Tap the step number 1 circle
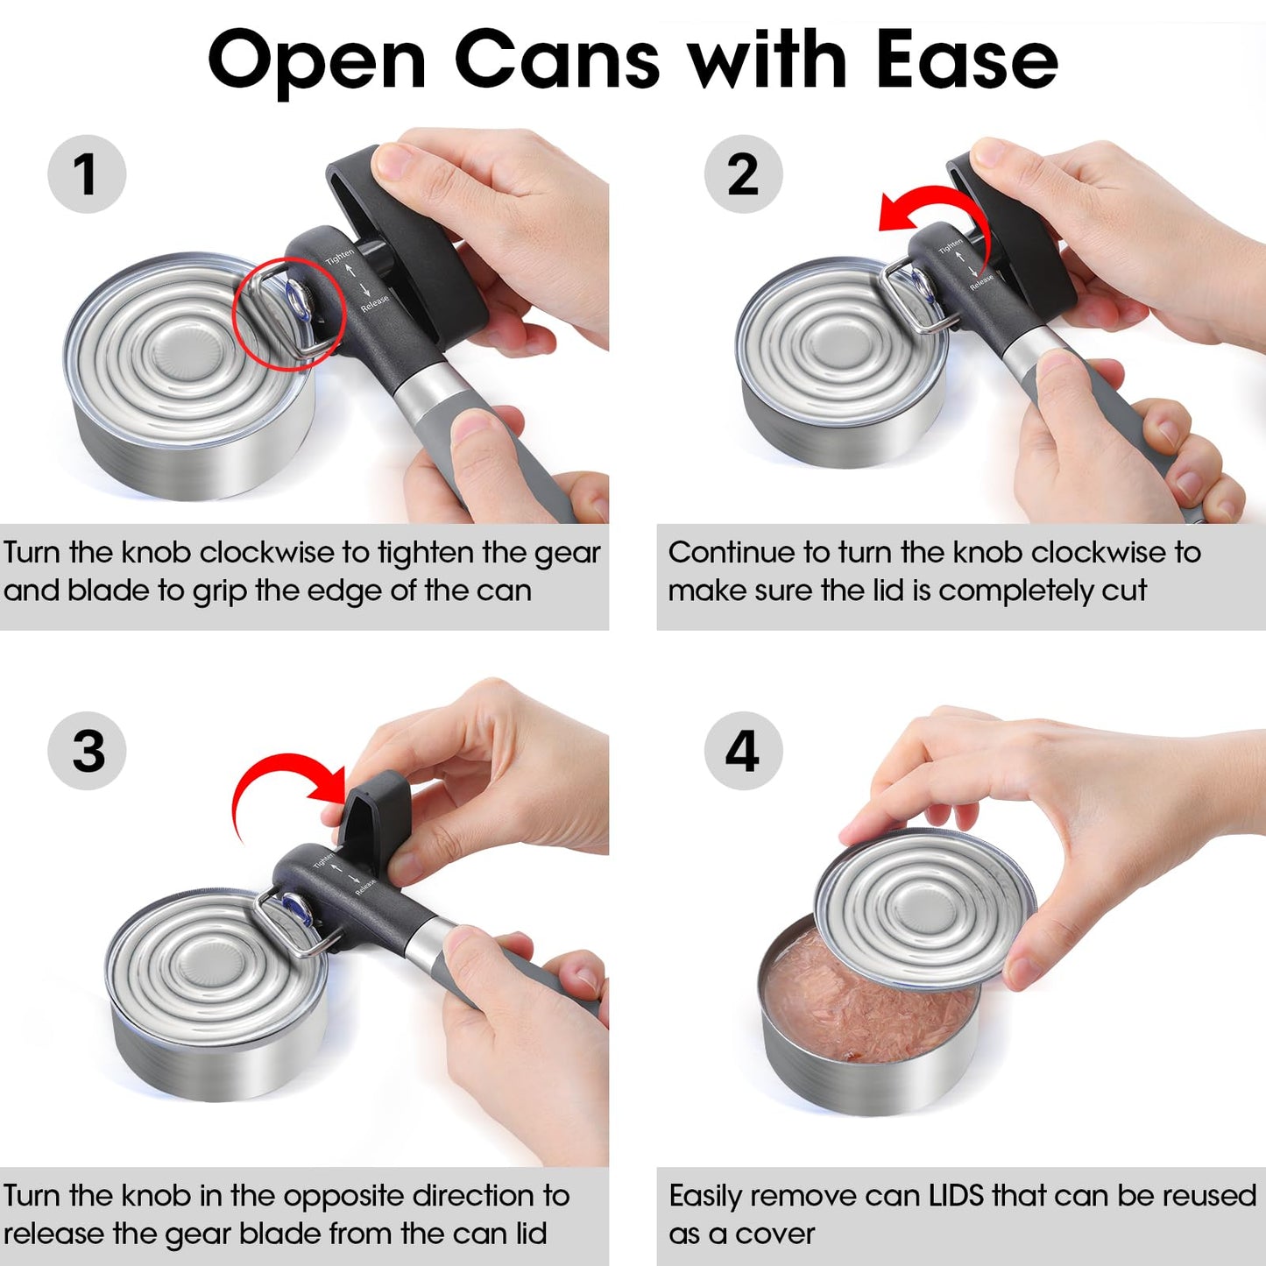(86, 173)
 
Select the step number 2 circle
(743, 173)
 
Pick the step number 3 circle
(87, 751)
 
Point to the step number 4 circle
(743, 751)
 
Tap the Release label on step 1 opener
(375, 303)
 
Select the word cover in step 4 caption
(774, 1234)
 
